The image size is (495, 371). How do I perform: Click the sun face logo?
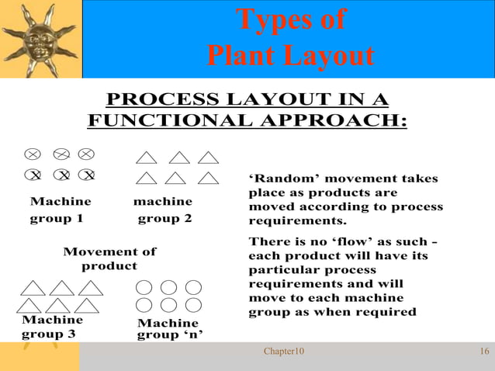tap(40, 38)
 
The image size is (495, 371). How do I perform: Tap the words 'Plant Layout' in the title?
tap(290, 56)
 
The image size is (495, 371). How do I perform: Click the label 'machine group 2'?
tap(164, 210)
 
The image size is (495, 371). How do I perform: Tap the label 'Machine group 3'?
tap(52, 327)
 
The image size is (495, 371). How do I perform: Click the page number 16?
tap(484, 352)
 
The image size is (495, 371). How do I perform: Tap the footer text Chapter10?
tap(284, 352)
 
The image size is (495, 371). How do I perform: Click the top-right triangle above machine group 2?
tap(207, 158)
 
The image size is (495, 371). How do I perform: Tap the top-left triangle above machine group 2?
tap(147, 158)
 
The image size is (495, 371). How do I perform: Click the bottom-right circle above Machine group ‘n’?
tap(193, 304)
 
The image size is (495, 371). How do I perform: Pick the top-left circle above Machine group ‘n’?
tap(144, 287)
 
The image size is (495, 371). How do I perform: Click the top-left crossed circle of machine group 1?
tap(33, 154)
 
